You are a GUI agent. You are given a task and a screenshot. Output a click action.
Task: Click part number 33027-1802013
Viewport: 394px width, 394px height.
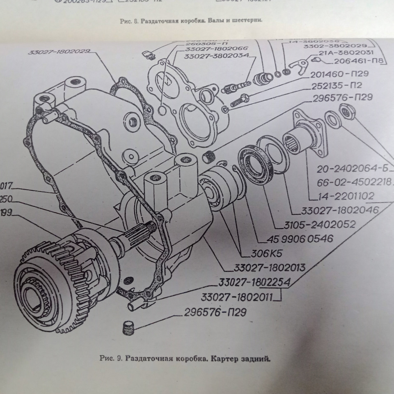pos(269,268)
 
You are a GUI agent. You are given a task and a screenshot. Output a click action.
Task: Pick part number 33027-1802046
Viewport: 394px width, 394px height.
pos(339,211)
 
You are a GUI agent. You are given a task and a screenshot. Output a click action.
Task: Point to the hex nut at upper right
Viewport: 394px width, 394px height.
pos(348,112)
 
